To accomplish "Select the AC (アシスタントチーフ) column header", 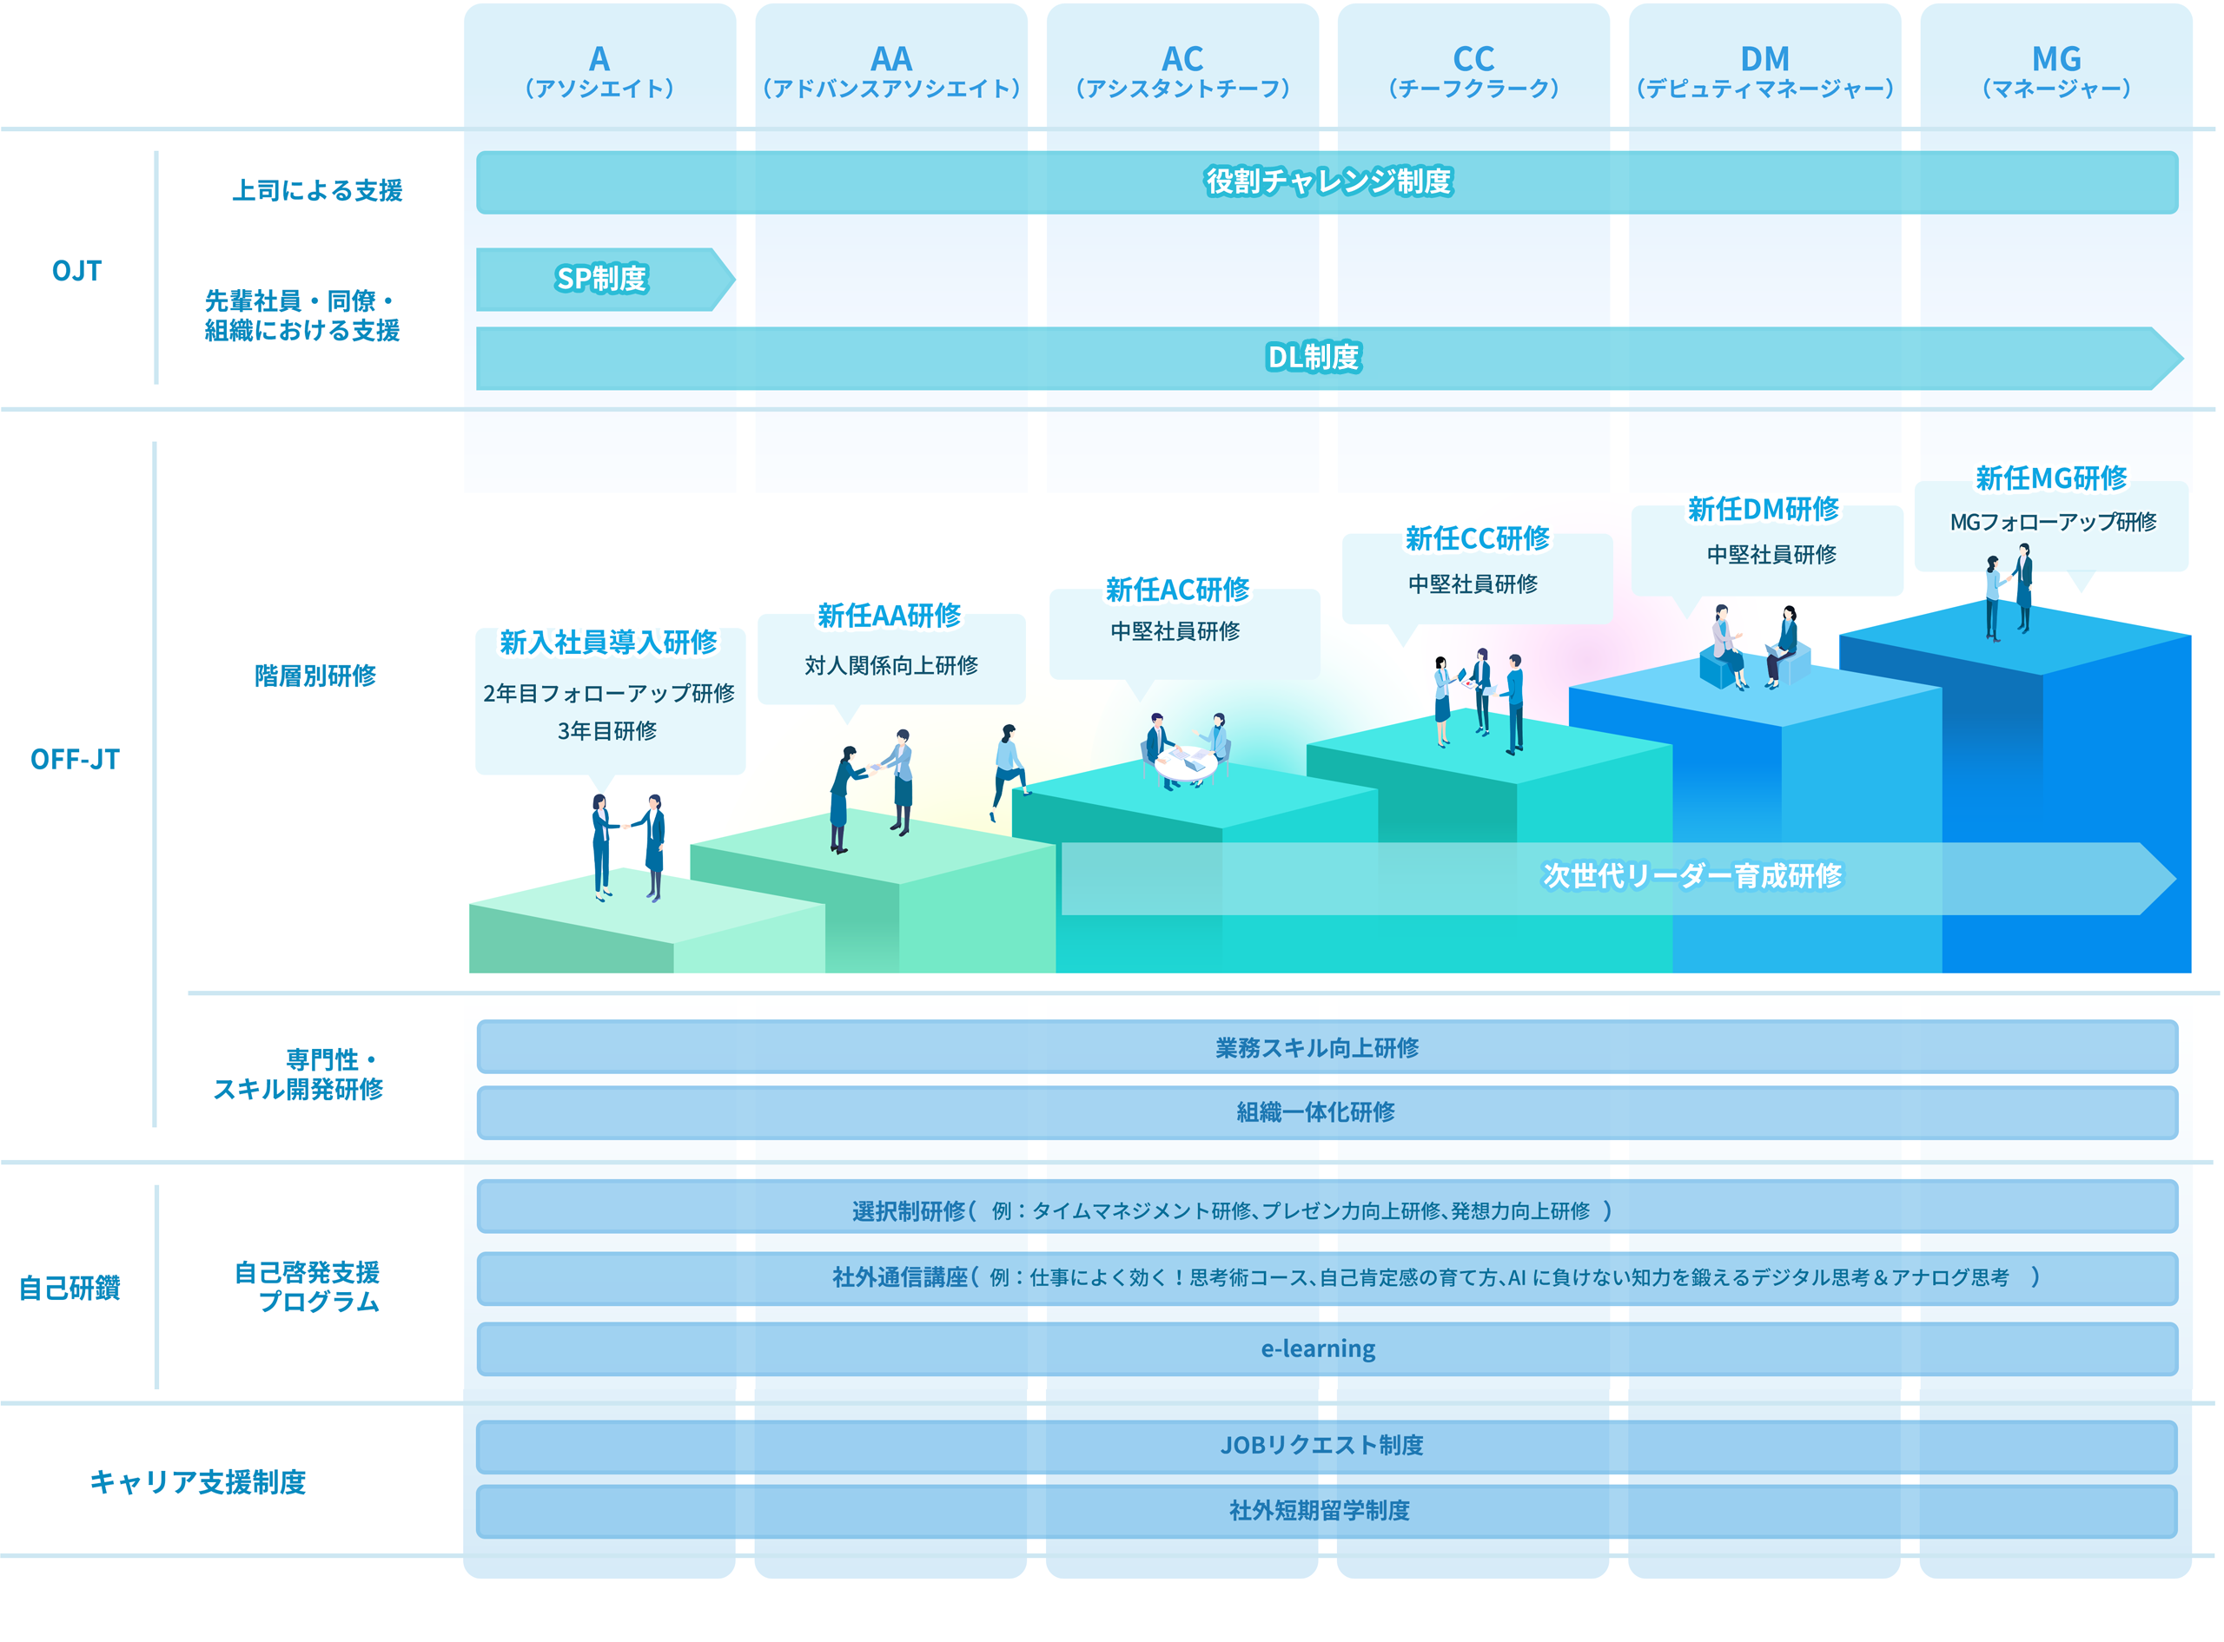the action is (x=1182, y=70).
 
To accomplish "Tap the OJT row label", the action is (x=76, y=270).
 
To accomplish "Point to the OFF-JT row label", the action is (x=75, y=760).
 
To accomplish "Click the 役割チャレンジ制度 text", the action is (x=1328, y=181).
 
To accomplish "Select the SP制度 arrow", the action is (x=606, y=280).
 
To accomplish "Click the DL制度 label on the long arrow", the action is (x=1314, y=357).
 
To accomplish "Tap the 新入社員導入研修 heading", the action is (x=607, y=642).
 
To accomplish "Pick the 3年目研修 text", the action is (x=606, y=730).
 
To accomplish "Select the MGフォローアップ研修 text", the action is (x=2053, y=522).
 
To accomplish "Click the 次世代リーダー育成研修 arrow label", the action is (x=1691, y=875).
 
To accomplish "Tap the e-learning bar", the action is (x=1327, y=1349).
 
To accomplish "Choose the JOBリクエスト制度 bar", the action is (x=1327, y=1446).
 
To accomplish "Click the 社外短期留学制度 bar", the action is (x=1327, y=1512).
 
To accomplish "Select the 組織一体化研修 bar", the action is (x=1327, y=1112).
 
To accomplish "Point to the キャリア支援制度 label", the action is (x=198, y=1482).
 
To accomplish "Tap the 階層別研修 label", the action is (x=315, y=676).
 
